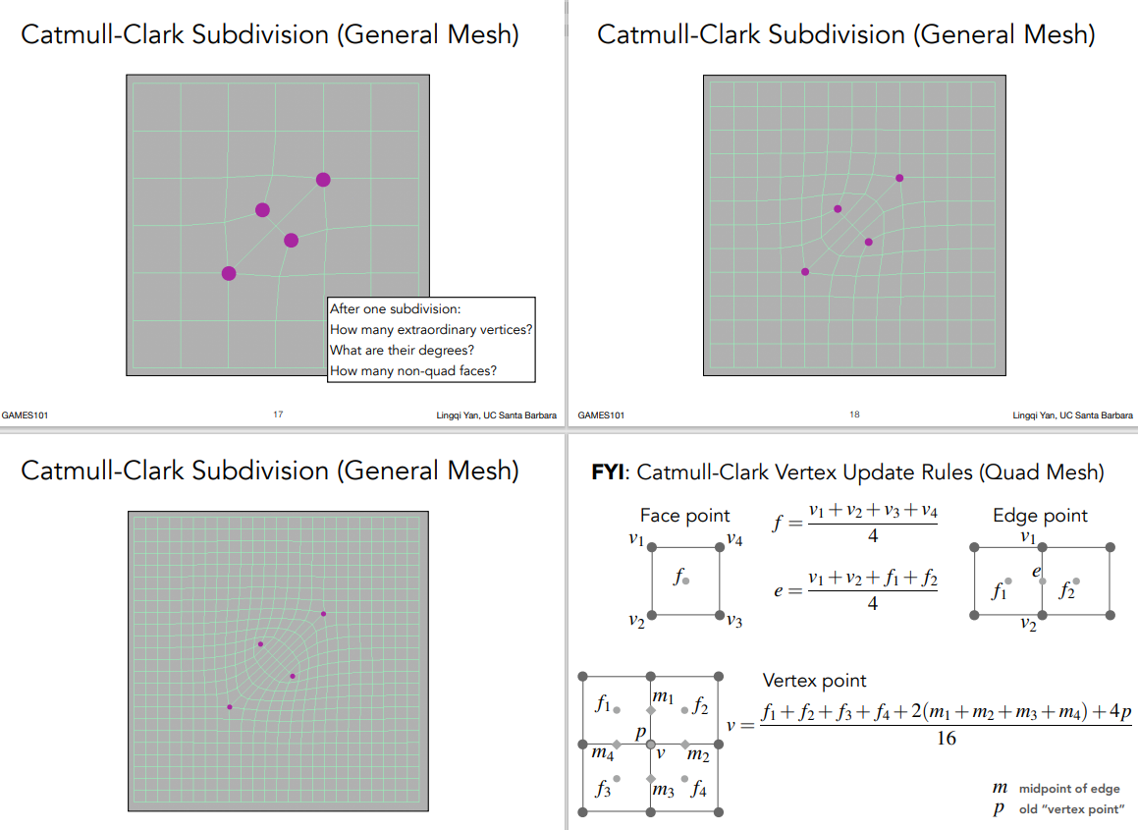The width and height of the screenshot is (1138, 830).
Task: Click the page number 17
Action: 278,415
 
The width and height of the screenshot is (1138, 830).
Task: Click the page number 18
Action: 854,415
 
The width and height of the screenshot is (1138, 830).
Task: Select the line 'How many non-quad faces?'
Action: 413,370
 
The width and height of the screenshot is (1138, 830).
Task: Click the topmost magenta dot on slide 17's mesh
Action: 323,179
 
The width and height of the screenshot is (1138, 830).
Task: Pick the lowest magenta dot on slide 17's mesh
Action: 229,273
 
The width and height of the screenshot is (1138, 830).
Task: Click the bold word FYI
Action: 610,472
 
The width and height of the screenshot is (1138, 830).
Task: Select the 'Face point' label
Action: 684,516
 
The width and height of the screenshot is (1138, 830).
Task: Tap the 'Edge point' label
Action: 1040,516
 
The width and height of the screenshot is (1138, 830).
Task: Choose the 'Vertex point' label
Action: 814,681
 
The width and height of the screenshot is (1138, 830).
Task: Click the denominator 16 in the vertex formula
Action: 946,739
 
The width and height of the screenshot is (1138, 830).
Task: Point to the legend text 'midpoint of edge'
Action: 1068,789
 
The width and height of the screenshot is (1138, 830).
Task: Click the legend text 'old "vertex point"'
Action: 1071,809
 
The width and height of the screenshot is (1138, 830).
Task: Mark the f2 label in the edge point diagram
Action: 1067,591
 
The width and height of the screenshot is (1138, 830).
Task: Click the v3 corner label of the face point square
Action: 732,621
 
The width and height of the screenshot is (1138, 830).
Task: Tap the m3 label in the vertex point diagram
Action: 664,790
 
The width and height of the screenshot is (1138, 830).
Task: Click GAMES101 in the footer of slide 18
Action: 601,415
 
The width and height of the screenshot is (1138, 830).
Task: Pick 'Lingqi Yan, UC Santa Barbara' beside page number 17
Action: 496,415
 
